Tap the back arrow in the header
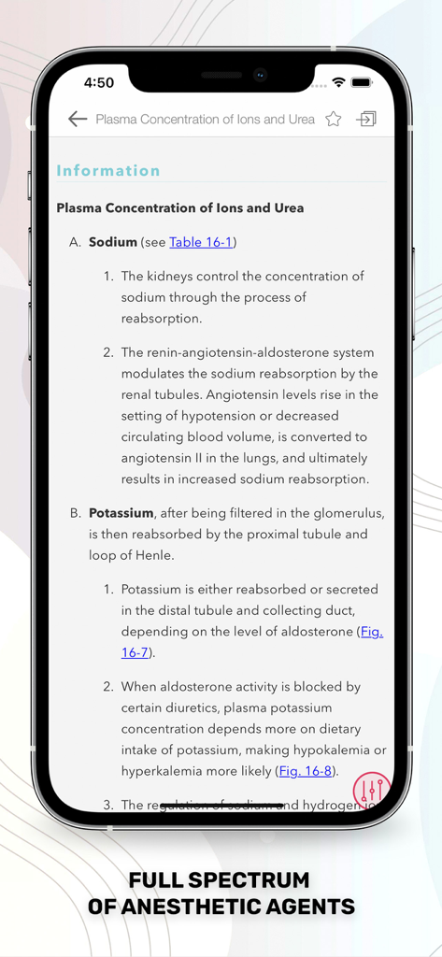78,119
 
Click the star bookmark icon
334,119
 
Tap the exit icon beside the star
367,119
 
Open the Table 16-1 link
200,242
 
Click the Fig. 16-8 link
306,771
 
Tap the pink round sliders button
371,790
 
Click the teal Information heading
108,170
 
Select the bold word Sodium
112,242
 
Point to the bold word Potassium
121,513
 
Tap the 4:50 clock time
99,82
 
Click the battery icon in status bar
362,82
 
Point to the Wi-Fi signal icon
338,82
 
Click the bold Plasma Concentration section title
180,207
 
